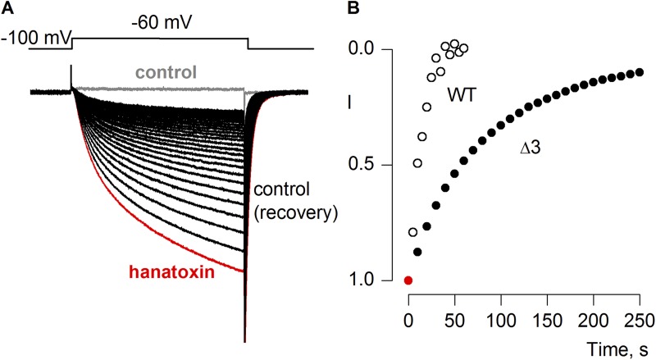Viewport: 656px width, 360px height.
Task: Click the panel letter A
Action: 7,9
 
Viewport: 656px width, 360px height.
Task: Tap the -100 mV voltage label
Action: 36,37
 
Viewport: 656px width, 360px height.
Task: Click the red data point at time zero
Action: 408,280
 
